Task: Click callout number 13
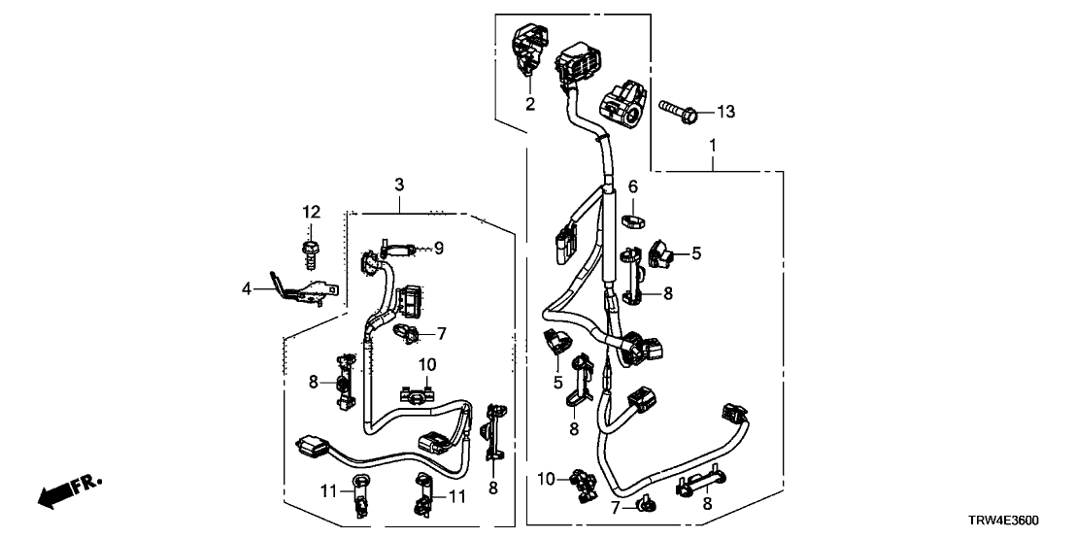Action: coord(726,113)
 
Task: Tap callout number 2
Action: coord(531,103)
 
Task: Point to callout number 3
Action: coord(398,184)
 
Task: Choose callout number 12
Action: coord(311,212)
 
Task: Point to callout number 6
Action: coord(632,185)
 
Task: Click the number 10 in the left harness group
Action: coord(428,364)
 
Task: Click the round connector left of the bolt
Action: coord(621,107)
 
